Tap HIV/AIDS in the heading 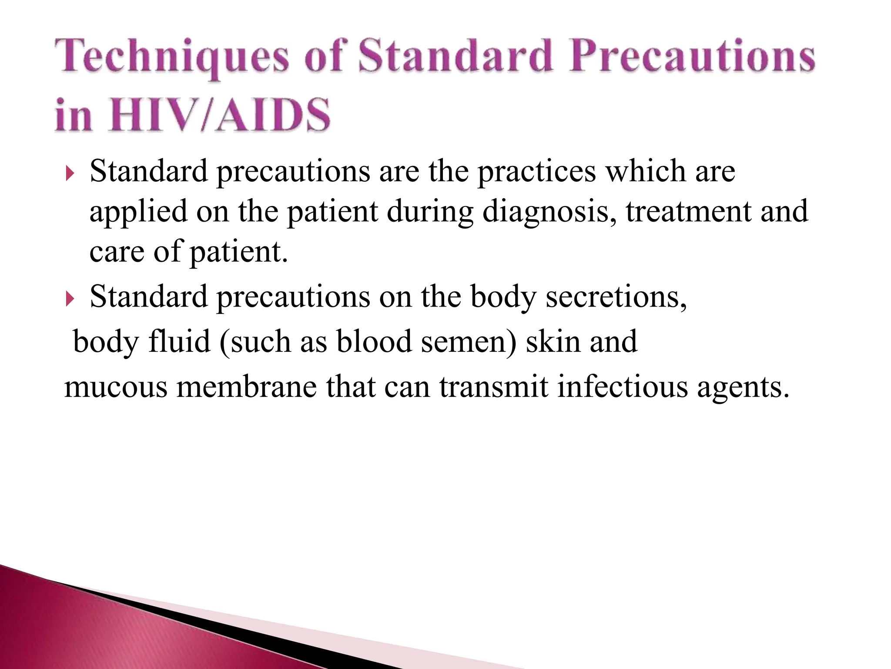220,115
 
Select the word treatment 688,211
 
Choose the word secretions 616,297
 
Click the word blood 374,341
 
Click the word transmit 493,387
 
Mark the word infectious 622,387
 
